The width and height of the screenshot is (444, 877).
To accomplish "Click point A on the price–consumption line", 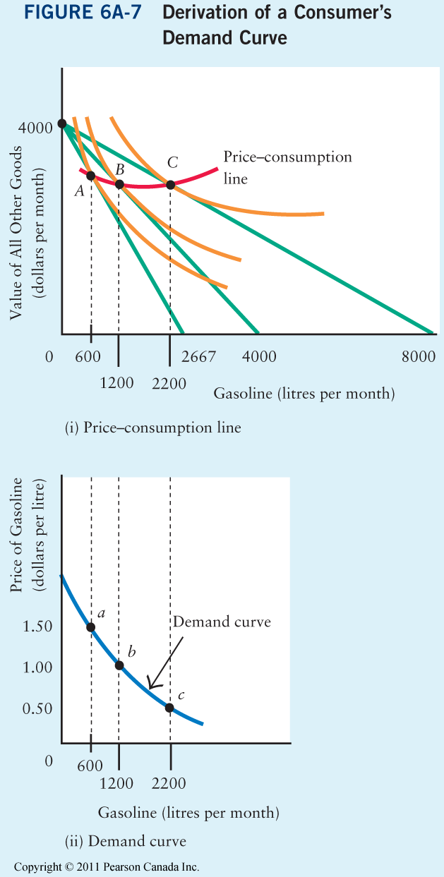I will coord(91,176).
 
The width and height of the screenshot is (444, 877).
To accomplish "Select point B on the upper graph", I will coord(119,185).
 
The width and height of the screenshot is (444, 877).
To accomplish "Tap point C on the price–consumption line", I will coord(170,185).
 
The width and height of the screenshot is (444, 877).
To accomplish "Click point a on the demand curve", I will coord(91,627).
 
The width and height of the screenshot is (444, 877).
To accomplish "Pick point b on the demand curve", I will coord(119,665).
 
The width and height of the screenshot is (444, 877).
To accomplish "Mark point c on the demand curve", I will coord(170,708).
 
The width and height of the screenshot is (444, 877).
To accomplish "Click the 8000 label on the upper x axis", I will coord(419,357).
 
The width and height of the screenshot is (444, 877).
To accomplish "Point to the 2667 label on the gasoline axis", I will coord(198,357).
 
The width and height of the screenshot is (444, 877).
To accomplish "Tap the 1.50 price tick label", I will coord(37,628).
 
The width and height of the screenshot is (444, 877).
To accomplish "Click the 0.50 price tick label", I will coord(37,709).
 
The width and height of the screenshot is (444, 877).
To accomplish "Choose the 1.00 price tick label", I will coord(37,667).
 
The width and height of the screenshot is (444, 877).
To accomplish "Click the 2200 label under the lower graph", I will coord(169,783).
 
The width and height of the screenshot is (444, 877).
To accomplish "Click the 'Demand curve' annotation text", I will coord(222,622).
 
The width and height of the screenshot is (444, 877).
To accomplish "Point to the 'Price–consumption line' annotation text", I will coord(287,167).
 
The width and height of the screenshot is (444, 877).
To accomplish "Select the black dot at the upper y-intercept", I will coord(62,124).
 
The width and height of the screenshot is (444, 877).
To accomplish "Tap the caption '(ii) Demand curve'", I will coord(126,841).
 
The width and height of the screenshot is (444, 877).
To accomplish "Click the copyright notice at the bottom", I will coord(107,867).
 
